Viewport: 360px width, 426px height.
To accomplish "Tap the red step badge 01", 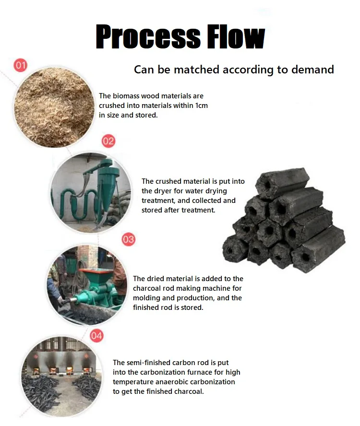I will (x=21, y=65).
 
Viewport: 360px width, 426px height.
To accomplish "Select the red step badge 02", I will (x=108, y=141).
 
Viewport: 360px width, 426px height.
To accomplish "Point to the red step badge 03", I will (x=128, y=239).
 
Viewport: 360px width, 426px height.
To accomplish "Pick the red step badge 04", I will (x=96, y=335).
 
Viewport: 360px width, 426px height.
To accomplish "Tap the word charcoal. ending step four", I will (x=189, y=391).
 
